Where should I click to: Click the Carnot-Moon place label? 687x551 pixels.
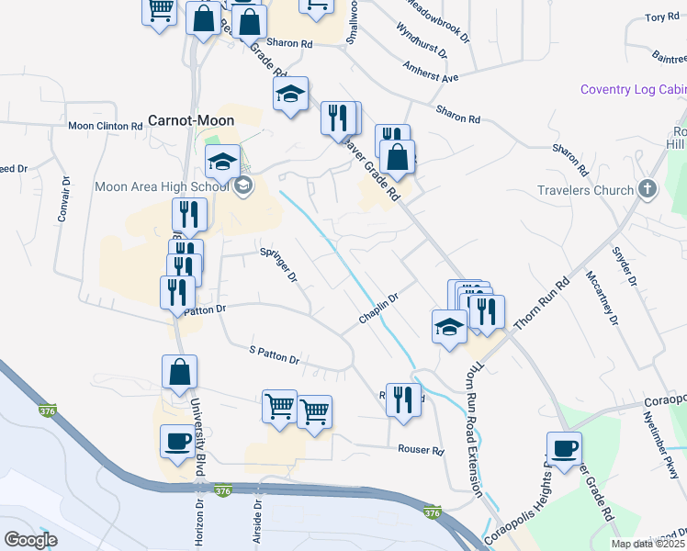click(191, 120)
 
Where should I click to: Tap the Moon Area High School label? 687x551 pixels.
click(162, 187)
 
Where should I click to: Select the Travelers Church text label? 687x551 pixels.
click(586, 191)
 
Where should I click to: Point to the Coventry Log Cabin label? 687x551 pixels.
click(633, 89)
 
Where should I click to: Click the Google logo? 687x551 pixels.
click(31, 539)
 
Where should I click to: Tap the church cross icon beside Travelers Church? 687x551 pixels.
click(648, 190)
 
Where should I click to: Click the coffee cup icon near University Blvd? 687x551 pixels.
click(177, 442)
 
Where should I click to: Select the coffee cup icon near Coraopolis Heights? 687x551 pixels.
click(564, 449)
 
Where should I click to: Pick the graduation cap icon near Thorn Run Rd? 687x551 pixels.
click(448, 326)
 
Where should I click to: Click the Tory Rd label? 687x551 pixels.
click(661, 17)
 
